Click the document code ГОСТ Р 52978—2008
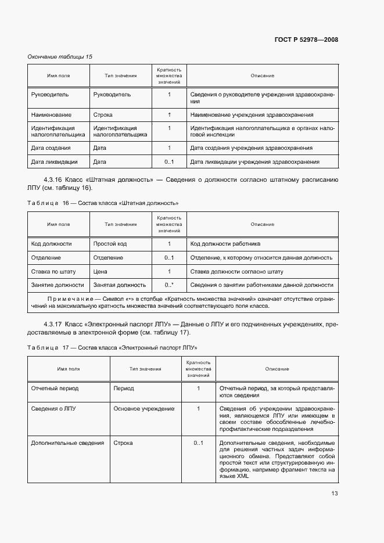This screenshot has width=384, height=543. pyautogui.click(x=306, y=39)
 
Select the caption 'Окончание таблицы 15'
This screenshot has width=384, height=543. pyautogui.click(x=60, y=57)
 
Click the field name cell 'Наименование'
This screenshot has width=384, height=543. pyautogui.click(x=51, y=115)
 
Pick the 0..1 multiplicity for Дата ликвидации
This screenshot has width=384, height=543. pyautogui.click(x=169, y=162)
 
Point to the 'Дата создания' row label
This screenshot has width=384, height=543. pyautogui.click(x=51, y=148)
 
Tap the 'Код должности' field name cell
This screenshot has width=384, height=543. pyautogui.click(x=51, y=244)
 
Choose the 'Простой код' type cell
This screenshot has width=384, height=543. pyautogui.click(x=110, y=244)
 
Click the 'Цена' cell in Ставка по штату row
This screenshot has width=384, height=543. pyautogui.click(x=100, y=271)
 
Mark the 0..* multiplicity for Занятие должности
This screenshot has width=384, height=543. pyautogui.click(x=169, y=285)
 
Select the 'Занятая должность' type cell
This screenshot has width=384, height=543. pyautogui.click(x=119, y=285)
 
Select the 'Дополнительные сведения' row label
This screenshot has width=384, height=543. pyautogui.click(x=67, y=443)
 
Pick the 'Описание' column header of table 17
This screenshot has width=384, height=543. pyautogui.click(x=277, y=369)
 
